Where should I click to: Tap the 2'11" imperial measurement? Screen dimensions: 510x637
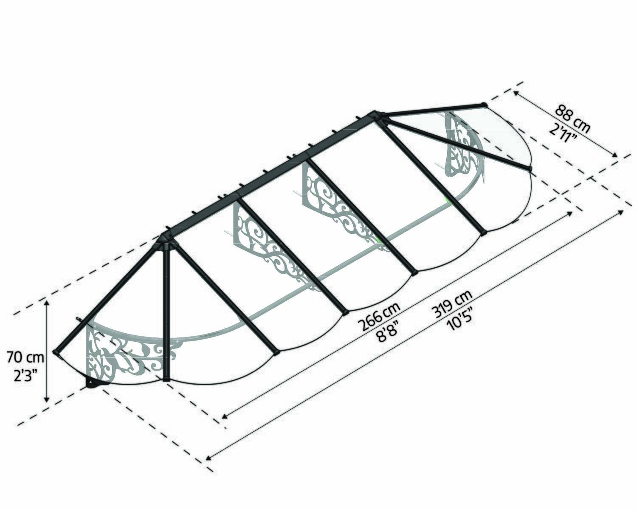click(x=564, y=134)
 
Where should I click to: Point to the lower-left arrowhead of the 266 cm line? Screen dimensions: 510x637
click(x=225, y=416)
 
